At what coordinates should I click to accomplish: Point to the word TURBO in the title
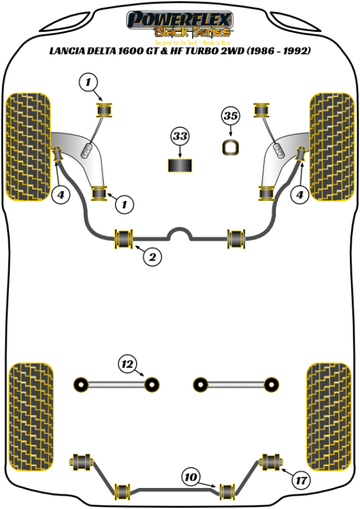(x=212, y=52)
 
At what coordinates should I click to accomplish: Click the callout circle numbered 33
(x=179, y=137)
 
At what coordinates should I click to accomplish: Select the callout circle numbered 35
(x=230, y=115)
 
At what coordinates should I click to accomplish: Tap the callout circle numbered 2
(x=152, y=258)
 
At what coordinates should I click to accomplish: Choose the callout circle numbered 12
(x=127, y=364)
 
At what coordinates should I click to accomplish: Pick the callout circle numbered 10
(x=191, y=478)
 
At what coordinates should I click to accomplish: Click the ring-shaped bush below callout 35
(x=230, y=147)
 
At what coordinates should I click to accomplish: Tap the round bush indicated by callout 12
(x=153, y=383)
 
